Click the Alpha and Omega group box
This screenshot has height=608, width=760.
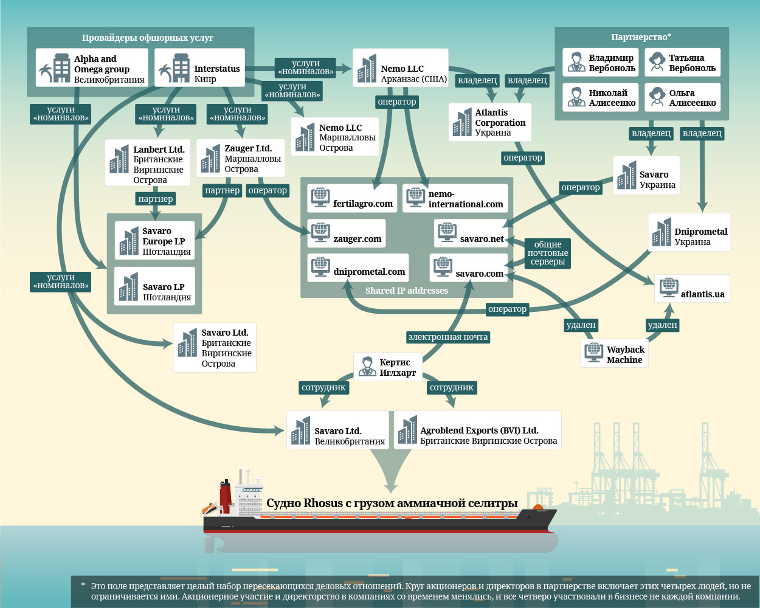[92, 69]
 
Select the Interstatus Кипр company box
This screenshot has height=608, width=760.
[199, 68]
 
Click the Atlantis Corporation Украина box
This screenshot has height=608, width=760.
[490, 122]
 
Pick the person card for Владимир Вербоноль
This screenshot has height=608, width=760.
[601, 63]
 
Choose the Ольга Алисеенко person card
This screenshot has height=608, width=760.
[682, 97]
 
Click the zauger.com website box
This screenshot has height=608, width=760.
[348, 233]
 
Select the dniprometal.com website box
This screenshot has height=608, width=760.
[358, 268]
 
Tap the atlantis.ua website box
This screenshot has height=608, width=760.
[692, 289]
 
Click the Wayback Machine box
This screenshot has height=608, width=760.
[614, 354]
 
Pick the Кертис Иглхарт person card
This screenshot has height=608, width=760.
[388, 367]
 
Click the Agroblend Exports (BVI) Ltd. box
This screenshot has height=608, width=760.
[477, 430]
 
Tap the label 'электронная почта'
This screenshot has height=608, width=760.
[448, 337]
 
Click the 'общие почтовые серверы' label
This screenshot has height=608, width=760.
[548, 253]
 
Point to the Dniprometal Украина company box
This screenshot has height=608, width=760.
[689, 232]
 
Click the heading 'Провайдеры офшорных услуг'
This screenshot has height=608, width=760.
[148, 38]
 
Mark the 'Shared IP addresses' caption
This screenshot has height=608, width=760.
[407, 291]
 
